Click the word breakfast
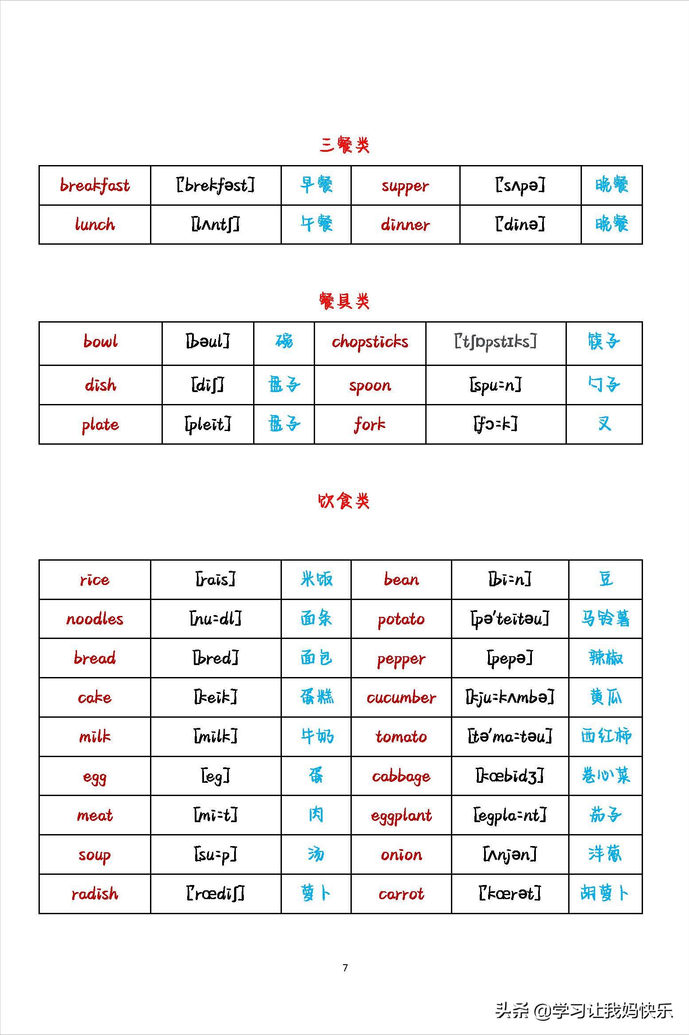pyautogui.click(x=95, y=185)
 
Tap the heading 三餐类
pyautogui.click(x=344, y=145)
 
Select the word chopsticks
pyautogui.click(x=370, y=342)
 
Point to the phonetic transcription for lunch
pyautogui.click(x=216, y=224)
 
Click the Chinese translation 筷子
pyautogui.click(x=604, y=342)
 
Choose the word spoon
pyautogui.click(x=370, y=385)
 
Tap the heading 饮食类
pyautogui.click(x=344, y=501)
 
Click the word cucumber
pyautogui.click(x=401, y=698)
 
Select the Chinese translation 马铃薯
pyautogui.click(x=605, y=619)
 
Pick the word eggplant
pyautogui.click(x=401, y=816)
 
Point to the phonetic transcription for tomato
pyautogui.click(x=510, y=737)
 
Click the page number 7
pyautogui.click(x=345, y=968)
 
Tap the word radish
pyautogui.click(x=95, y=894)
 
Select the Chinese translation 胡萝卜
pyautogui.click(x=604, y=894)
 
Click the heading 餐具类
pyautogui.click(x=344, y=301)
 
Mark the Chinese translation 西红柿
pyautogui.click(x=605, y=737)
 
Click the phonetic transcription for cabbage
pyautogui.click(x=510, y=776)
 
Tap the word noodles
pyautogui.click(x=95, y=619)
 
